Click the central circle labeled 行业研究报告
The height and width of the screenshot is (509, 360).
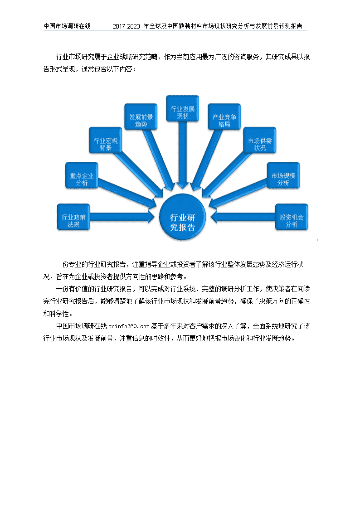pyautogui.click(x=182, y=217)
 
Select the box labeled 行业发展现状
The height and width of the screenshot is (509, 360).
pyautogui.click(x=182, y=108)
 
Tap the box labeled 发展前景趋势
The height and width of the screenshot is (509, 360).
pyautogui.click(x=141, y=117)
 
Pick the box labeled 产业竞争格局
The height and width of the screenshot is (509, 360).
pyautogui.click(x=224, y=117)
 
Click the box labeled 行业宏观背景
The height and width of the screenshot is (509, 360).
pyautogui.click(x=106, y=140)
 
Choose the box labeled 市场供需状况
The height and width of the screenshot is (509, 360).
pyautogui.click(x=260, y=140)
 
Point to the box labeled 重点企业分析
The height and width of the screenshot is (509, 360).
pyautogui.click(x=82, y=175)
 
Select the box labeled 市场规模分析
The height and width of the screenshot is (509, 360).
pyautogui.click(x=283, y=175)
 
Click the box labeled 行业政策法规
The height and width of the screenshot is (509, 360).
pyautogui.click(x=73, y=217)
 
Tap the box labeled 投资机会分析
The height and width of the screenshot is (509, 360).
pyautogui.click(x=292, y=217)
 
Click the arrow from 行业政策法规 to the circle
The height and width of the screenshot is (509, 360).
pyautogui.click(x=122, y=217)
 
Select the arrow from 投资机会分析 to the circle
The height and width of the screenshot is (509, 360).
pyautogui.click(x=243, y=217)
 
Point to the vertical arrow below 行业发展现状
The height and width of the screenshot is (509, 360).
pyautogui.click(x=182, y=155)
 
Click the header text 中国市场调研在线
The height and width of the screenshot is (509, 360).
pyautogui.click(x=67, y=26)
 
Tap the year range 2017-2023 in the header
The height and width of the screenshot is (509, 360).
pyautogui.click(x=126, y=26)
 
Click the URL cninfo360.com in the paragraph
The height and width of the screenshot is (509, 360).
pyautogui.click(x=129, y=326)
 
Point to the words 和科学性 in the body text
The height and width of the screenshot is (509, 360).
pyautogui.click(x=56, y=314)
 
